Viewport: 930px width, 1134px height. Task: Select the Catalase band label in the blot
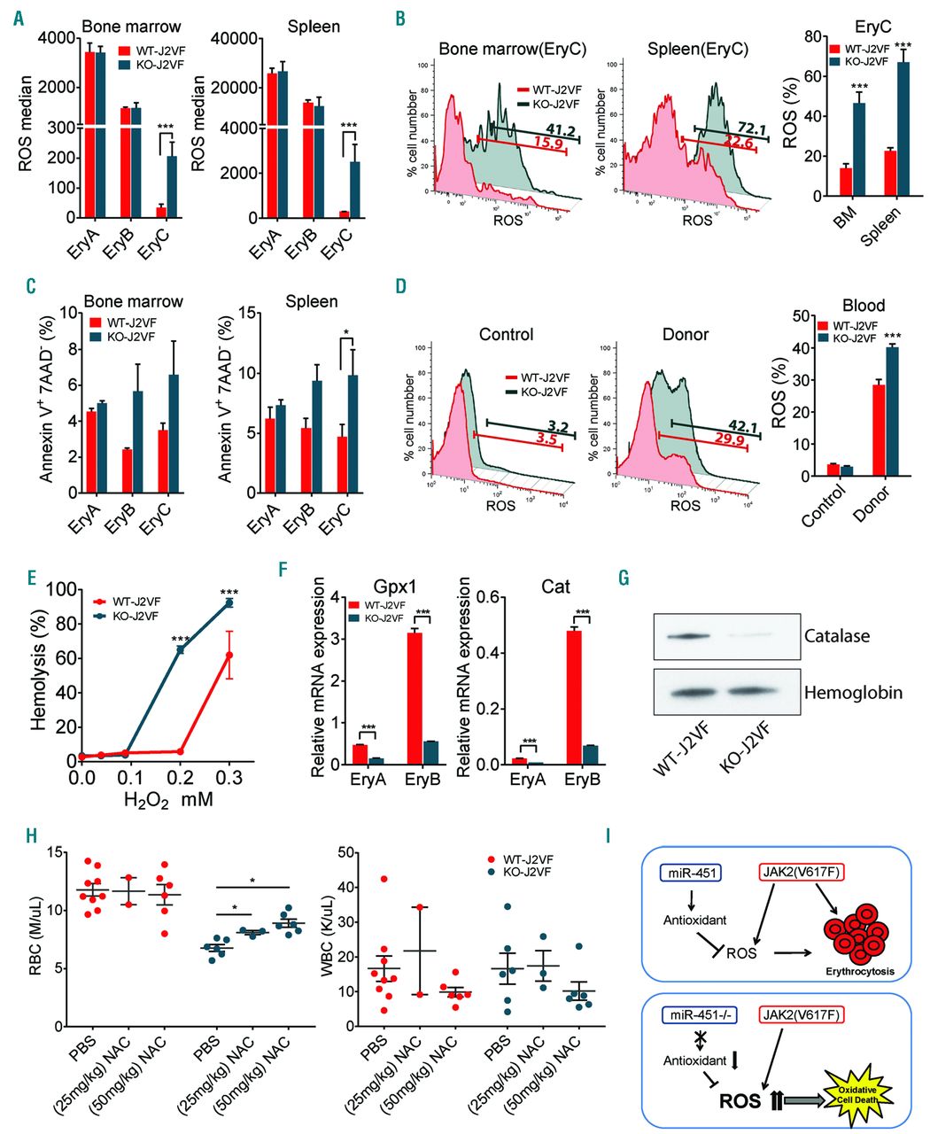(x=838, y=635)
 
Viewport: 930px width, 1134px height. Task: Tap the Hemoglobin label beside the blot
(x=853, y=692)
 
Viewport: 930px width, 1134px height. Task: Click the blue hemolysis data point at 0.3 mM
(x=229, y=602)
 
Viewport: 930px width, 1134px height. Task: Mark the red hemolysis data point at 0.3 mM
(x=229, y=655)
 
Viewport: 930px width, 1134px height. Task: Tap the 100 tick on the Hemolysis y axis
(x=58, y=590)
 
